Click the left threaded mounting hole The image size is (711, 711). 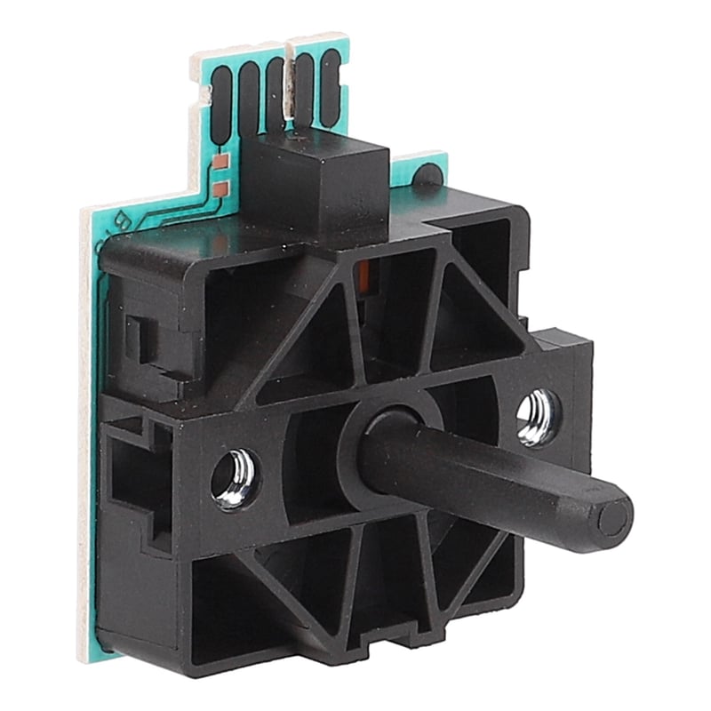234,478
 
